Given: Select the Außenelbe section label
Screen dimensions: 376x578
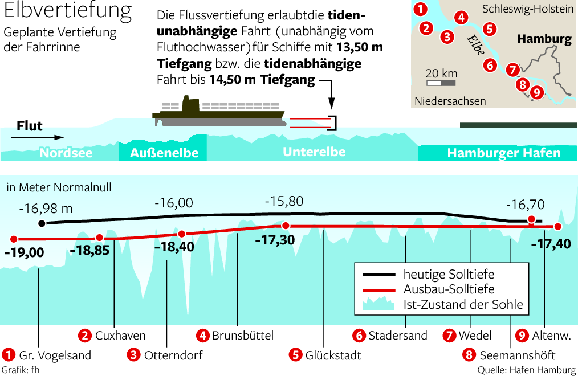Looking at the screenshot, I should tap(164, 153).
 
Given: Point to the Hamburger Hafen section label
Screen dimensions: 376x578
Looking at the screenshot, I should tap(504, 153).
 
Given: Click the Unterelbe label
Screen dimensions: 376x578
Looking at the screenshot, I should tap(314, 152).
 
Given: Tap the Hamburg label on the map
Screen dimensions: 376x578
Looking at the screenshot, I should tap(544, 39).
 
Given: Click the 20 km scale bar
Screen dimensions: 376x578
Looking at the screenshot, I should tap(441, 83).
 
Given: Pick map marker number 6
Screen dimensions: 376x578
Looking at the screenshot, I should tap(489, 65).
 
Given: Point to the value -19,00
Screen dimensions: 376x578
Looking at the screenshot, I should tap(23, 252).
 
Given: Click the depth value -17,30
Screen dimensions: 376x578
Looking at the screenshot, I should tap(275, 240).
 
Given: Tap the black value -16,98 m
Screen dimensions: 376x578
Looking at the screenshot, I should tap(46, 209).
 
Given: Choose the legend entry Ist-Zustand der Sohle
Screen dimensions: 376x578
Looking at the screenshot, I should tap(463, 304).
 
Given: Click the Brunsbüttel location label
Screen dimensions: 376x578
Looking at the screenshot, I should tap(243, 335).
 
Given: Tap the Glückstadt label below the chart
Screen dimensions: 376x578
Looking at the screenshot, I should tap(332, 355).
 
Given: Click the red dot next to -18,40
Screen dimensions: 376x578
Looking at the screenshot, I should tap(182, 234).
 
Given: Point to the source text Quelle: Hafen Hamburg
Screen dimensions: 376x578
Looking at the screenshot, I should tap(527, 370).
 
